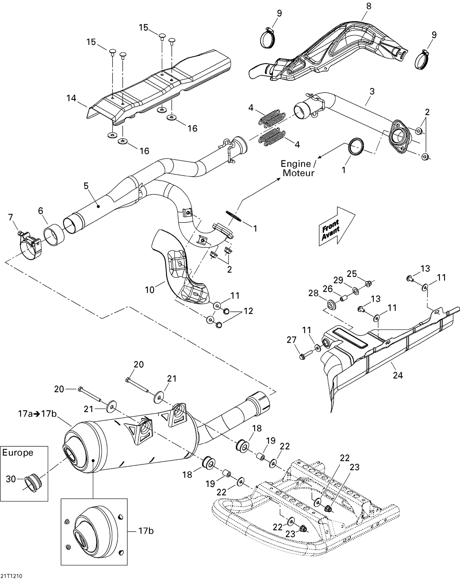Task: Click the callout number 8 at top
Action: tap(369, 6)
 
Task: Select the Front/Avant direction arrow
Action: tap(337, 226)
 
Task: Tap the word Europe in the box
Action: tap(17, 453)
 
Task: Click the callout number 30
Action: tap(11, 479)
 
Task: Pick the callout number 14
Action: tap(71, 98)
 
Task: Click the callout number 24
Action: tap(398, 375)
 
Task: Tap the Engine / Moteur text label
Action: tap(298, 168)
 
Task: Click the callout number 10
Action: tap(149, 290)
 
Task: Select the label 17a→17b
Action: tap(37, 414)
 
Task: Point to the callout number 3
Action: tap(372, 91)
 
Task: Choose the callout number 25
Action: tap(352, 273)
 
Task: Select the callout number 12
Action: tap(248, 311)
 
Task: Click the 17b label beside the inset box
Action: tap(146, 531)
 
